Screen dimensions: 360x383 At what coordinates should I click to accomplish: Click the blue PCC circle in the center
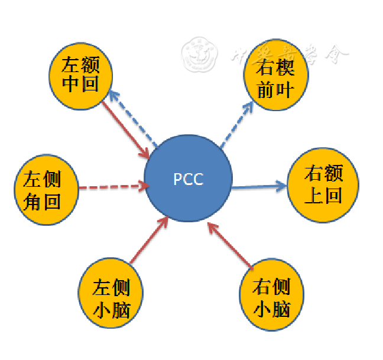188,179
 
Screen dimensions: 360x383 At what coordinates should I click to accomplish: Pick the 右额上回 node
323,184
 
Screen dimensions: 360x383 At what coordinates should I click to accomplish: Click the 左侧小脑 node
112,291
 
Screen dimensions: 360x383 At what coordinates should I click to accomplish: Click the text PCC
188,179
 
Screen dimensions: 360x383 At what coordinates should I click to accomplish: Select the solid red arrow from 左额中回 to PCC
125,129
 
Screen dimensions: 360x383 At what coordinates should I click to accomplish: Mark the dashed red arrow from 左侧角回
112,187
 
